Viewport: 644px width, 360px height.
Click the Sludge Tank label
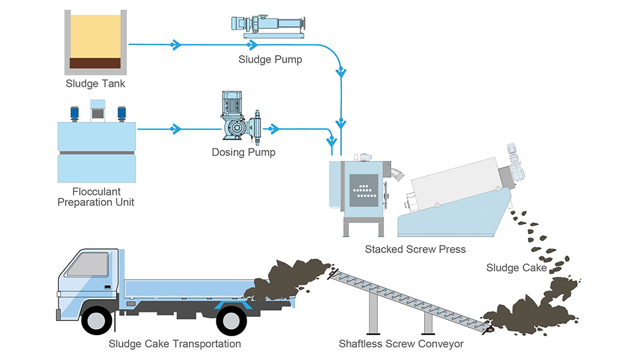coord(95,84)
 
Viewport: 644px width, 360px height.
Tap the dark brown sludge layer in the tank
coord(95,63)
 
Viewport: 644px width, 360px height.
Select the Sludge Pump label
coord(270,59)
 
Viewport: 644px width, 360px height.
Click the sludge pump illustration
coord(269,26)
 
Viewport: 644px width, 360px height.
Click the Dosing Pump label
coord(244,152)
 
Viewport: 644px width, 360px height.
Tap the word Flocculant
coord(97,192)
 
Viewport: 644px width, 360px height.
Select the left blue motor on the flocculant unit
coord(75,114)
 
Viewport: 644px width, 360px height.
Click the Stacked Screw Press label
coord(415,249)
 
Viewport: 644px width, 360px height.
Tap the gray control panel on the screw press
coord(364,190)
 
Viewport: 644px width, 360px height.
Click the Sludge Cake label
coord(516,268)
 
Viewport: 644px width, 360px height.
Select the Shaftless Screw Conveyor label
coord(401,344)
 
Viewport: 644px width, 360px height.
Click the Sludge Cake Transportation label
coord(174,344)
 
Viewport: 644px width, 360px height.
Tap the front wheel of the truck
coord(97,320)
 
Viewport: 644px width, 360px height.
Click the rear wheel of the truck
coord(231,320)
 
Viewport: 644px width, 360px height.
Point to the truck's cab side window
coord(88,264)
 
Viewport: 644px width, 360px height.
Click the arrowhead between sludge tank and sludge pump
coord(176,44)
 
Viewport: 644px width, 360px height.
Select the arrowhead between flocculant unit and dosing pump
coord(176,129)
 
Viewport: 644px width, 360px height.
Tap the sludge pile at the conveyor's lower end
coord(530,312)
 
